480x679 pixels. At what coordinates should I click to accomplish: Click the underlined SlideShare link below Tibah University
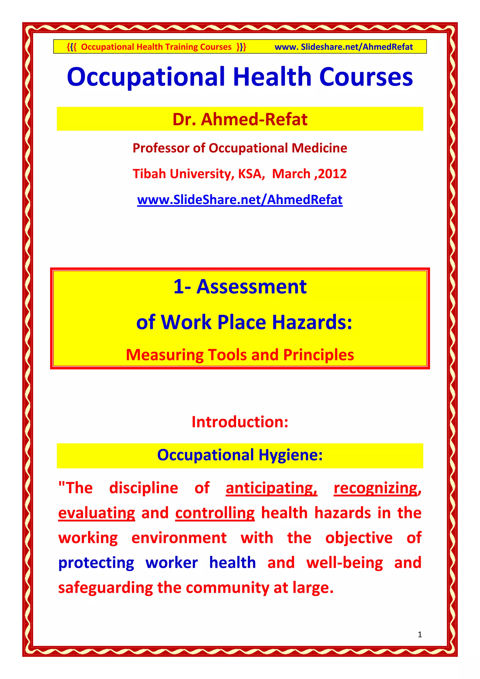coord(240,200)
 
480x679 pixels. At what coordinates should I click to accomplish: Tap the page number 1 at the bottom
coord(420,634)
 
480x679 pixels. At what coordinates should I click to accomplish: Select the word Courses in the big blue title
coord(366,77)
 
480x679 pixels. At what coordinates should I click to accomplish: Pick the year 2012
coord(333,174)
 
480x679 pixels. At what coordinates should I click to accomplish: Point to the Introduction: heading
coord(240,422)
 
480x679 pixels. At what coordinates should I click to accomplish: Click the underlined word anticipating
coord(271,488)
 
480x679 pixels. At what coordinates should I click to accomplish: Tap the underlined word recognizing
coord(377,488)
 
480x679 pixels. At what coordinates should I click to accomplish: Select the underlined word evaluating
coord(97,513)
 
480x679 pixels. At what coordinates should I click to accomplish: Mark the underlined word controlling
coord(215,513)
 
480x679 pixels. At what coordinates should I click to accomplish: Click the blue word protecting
coord(96,563)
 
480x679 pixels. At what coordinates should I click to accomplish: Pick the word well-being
coord(345,563)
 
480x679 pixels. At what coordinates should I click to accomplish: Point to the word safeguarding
coord(105,588)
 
